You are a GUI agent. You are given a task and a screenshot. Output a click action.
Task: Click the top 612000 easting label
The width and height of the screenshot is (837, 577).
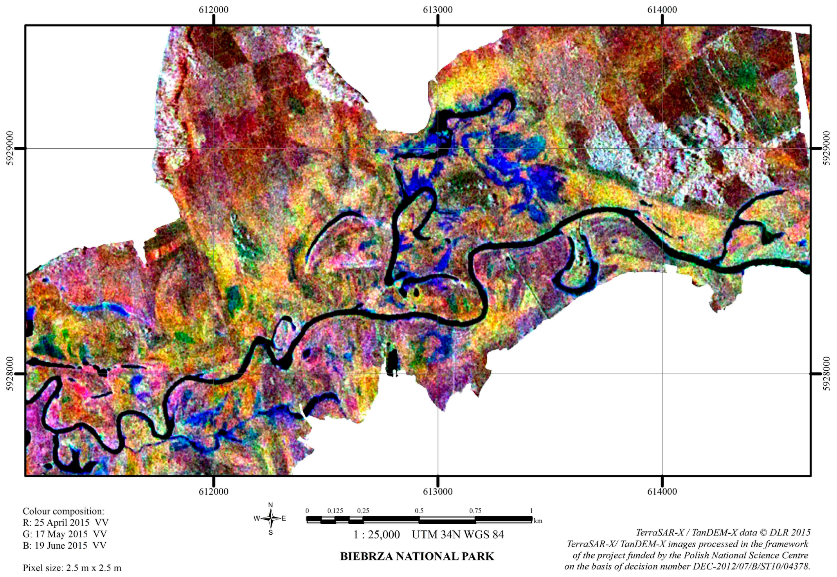213,10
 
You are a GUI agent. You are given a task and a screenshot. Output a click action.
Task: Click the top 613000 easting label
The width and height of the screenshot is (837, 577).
437,10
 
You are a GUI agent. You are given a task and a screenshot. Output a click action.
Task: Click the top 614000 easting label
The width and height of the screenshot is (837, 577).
662,10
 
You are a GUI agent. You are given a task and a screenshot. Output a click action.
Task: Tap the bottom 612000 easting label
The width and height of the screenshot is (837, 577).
213,492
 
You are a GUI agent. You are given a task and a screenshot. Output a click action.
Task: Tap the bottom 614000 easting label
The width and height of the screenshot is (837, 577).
662,492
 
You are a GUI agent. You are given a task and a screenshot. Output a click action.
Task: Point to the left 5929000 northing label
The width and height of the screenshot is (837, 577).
10,148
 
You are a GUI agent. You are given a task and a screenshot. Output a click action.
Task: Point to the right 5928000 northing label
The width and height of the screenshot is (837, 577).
826,373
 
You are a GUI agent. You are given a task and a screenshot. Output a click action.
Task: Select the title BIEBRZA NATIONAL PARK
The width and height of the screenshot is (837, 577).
417,556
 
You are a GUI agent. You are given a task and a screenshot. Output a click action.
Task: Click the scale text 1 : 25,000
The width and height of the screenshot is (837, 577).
376,535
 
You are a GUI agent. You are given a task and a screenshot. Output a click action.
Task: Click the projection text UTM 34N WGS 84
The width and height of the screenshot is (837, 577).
457,535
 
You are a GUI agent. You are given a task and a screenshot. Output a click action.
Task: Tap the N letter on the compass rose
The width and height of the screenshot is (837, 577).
270,505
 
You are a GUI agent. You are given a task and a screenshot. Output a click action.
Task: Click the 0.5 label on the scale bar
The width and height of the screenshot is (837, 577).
419,511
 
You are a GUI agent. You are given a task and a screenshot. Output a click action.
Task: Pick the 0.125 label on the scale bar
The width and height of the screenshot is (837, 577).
335,511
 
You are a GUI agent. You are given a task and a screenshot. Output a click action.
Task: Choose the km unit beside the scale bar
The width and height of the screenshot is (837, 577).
538,521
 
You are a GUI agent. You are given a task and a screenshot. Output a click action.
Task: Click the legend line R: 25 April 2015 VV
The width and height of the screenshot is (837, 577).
65,523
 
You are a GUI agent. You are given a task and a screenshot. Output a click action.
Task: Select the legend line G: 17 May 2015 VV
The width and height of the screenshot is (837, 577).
65,534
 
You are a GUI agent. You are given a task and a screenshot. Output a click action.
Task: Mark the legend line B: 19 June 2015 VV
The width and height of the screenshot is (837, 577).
65,545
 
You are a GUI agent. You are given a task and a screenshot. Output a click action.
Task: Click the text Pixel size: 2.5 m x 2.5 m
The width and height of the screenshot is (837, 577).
72,568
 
